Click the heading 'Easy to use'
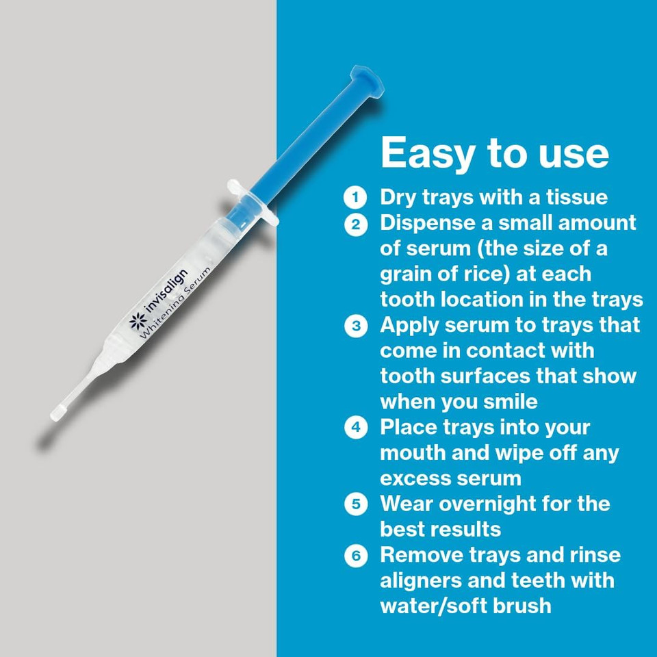tap(494, 153)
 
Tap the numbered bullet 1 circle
tap(355, 198)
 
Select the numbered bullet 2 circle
tap(355, 224)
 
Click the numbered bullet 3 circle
tap(355, 326)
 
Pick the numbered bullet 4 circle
tap(355, 428)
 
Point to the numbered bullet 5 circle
tap(355, 504)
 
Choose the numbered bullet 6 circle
tap(355, 555)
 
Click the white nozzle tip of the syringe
tap(58, 412)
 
